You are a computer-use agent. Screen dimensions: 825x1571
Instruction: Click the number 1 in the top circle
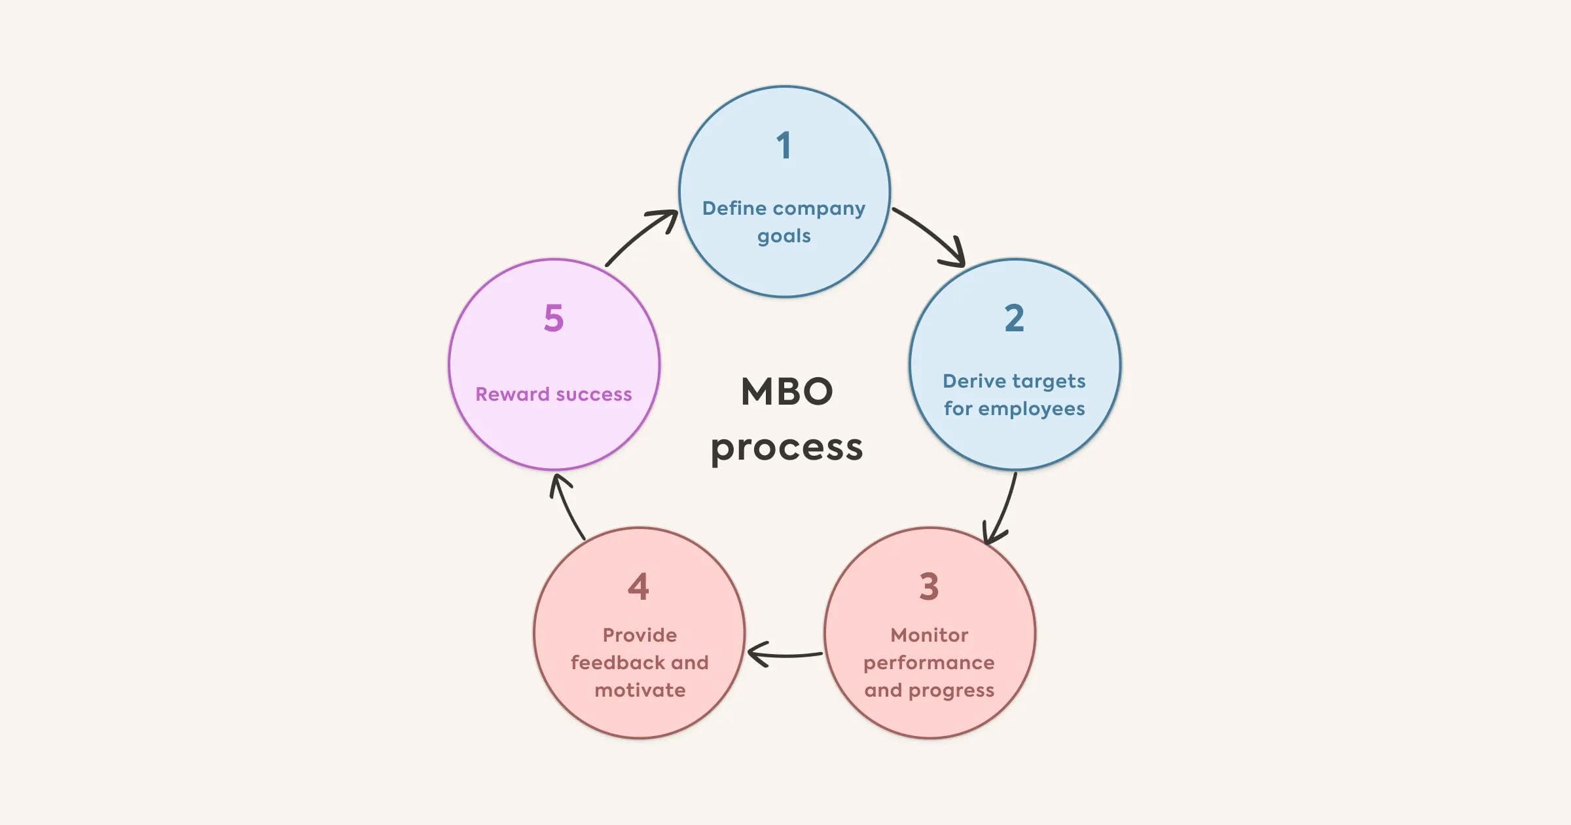click(784, 145)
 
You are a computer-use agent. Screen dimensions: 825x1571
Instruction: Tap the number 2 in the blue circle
click(1014, 318)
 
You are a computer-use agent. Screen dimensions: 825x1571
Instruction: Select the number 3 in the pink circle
click(929, 587)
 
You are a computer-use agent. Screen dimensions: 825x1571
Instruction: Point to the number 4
click(638, 587)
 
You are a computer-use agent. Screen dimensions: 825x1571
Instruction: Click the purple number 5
click(554, 318)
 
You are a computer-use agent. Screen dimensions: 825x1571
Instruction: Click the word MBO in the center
click(787, 392)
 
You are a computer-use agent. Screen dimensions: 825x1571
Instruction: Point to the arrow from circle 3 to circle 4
click(783, 654)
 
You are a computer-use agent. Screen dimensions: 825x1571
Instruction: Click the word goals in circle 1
click(784, 236)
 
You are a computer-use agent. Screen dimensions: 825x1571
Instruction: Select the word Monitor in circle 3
click(929, 635)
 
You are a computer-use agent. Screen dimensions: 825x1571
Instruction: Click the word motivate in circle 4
click(640, 690)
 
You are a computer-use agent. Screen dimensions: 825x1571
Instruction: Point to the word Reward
click(512, 394)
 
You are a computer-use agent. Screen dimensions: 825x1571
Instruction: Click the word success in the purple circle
click(594, 394)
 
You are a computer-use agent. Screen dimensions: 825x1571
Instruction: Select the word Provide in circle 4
click(640, 635)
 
